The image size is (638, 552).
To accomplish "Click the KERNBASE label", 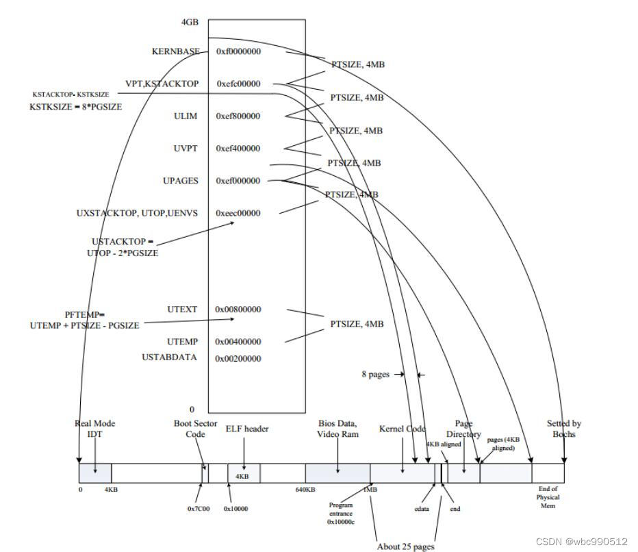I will point(176,51).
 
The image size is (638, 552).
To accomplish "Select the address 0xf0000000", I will point(238,51).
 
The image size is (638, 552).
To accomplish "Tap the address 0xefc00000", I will point(238,84).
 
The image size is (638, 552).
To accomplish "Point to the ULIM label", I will point(186,116).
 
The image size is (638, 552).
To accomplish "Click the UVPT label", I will point(186,149).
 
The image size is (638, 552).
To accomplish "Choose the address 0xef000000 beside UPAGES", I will point(238,181).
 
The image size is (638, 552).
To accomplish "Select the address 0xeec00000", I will point(238,213).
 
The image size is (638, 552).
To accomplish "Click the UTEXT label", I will point(182,310).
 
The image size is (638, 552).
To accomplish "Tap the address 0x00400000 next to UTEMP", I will point(238,342).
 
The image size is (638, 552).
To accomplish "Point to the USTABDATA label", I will point(169,357).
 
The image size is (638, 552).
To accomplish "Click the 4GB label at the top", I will point(190,22).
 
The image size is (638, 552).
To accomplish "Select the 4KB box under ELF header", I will point(242,476).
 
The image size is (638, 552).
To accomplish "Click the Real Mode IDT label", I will point(92,429).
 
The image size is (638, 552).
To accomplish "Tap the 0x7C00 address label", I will point(198,509).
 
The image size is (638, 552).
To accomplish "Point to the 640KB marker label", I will point(305,490).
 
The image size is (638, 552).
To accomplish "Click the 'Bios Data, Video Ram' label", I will point(338,429).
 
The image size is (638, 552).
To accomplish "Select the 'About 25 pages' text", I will point(405,547).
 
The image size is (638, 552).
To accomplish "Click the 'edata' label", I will point(422,509).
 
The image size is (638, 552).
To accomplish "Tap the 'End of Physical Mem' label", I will point(548,497).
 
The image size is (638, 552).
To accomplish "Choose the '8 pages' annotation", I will point(375,374).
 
